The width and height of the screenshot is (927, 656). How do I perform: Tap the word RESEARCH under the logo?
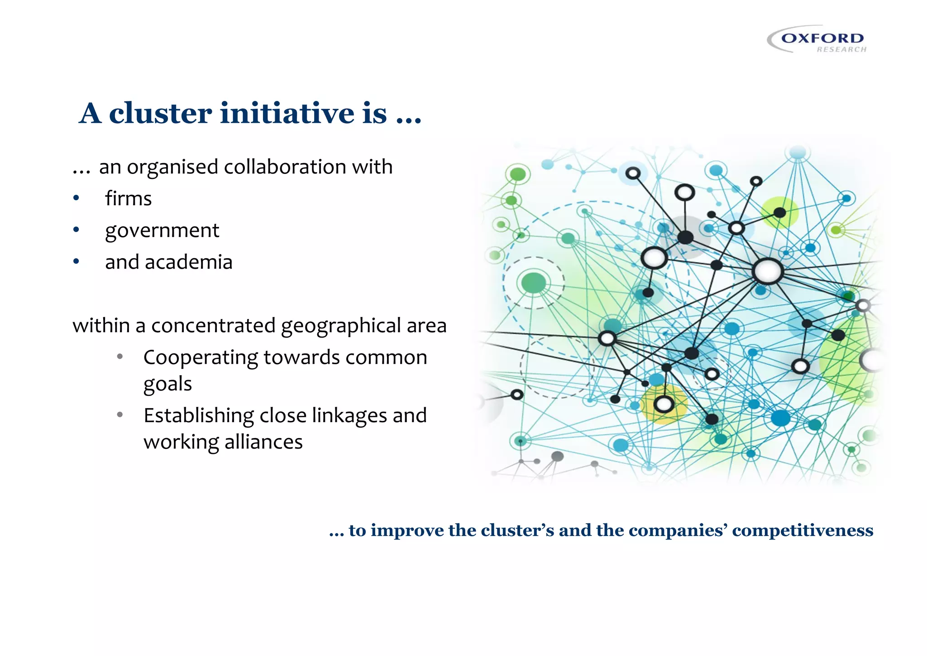(841, 49)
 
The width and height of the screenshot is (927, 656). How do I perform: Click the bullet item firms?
(128, 198)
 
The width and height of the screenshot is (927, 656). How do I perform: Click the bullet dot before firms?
(76, 198)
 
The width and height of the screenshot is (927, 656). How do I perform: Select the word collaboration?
(285, 167)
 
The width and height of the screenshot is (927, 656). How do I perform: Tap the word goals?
(167, 384)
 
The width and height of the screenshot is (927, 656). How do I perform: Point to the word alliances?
(263, 442)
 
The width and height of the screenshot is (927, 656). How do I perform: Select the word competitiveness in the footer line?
(803, 530)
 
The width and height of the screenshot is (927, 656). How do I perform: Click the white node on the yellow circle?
(664, 404)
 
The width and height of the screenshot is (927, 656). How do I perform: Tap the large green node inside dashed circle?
(534, 283)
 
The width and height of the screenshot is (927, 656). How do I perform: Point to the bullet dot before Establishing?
(119, 415)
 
